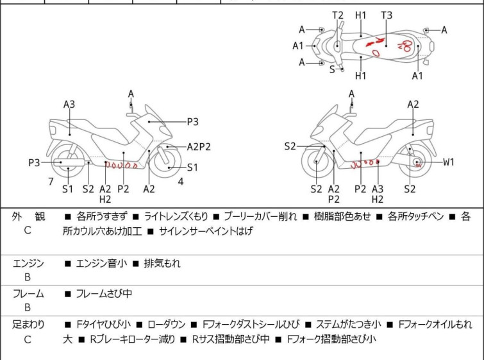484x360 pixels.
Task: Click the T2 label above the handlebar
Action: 338,15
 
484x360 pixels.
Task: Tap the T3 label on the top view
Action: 387,15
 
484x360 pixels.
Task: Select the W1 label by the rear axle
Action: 449,162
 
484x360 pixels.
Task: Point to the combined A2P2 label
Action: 199,147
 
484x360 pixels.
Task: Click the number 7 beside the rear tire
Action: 51,182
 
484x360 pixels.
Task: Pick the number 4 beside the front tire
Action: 181,182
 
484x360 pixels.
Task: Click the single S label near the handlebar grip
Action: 332,69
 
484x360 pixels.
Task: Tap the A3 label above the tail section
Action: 69,105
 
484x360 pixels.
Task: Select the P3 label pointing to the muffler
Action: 34,162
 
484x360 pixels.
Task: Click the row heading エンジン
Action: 28,264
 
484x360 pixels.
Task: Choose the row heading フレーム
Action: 28,293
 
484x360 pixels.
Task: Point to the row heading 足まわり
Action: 28,325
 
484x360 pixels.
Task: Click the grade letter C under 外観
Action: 28,230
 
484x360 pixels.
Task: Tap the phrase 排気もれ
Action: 162,264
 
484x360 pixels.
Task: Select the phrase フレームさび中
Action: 104,293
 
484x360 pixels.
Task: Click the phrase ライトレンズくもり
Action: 176,216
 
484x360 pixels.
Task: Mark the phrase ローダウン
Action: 167,325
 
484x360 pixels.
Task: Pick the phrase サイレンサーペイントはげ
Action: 206,231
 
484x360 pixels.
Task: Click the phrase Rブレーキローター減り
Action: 133,339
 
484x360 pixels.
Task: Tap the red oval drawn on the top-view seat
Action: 376,53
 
